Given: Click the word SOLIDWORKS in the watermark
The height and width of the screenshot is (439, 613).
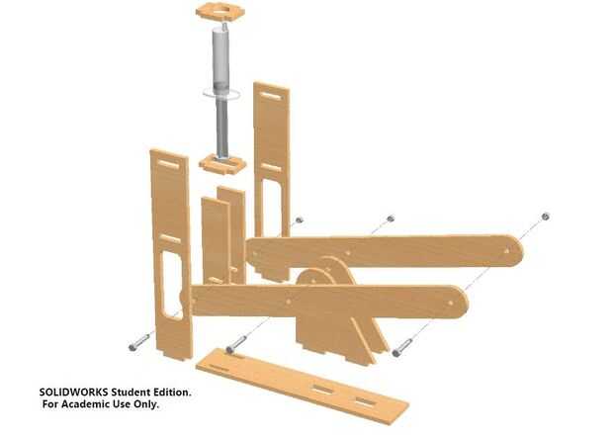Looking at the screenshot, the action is (x=74, y=393).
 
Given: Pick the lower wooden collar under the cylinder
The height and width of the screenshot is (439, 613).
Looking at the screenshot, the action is (x=222, y=164).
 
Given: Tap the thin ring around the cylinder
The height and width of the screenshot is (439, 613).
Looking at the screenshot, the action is (x=221, y=94).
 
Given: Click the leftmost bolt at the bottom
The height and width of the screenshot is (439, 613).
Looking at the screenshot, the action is (x=139, y=342).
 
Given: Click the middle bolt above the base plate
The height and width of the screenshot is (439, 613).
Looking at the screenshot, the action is (x=236, y=344).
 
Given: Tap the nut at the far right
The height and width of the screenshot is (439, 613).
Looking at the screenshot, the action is (x=546, y=217).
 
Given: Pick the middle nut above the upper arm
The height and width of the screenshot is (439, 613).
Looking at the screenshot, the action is (x=390, y=219).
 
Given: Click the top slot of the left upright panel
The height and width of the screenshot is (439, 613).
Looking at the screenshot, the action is (x=170, y=164).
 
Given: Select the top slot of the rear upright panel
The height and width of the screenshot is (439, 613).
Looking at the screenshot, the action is (x=271, y=96).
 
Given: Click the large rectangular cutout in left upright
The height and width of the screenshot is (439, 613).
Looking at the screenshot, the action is (x=171, y=286).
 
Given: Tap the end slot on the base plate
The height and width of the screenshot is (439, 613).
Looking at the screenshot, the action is (x=364, y=402).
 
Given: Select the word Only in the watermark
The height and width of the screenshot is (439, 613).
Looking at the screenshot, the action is (x=146, y=404).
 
